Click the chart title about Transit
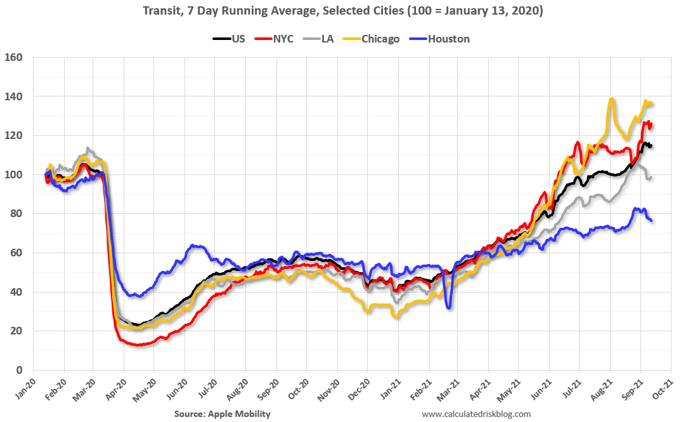point(340,11)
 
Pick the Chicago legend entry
point(380,39)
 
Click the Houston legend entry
point(448,39)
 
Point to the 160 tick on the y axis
point(14,57)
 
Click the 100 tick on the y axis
point(14,175)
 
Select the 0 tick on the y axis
point(19,370)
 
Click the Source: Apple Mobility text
point(222,414)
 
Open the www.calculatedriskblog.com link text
point(476,414)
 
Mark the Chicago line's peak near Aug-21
point(611,99)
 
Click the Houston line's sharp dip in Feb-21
point(449,308)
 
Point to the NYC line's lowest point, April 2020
point(138,345)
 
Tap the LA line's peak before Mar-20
point(88,149)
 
